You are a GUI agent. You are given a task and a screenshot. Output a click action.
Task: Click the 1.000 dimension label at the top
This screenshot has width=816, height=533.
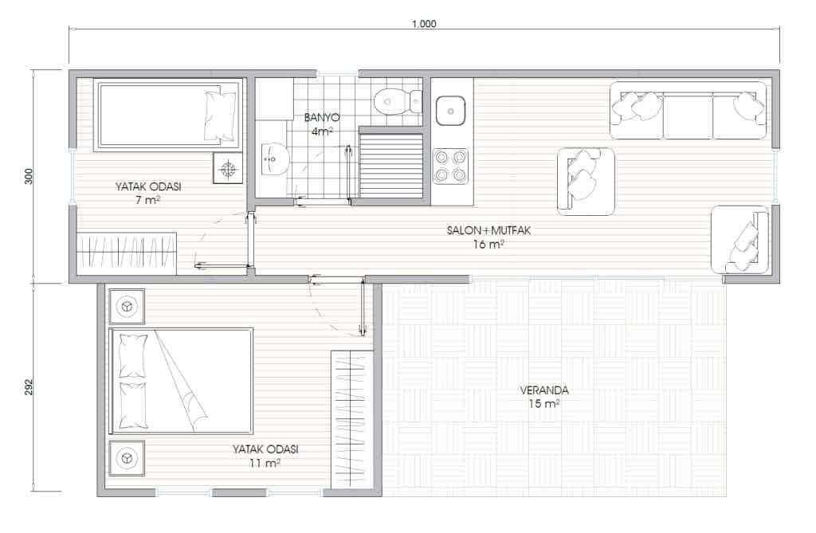click(424, 24)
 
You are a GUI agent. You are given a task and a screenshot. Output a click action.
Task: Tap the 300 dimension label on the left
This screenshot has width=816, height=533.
click(29, 176)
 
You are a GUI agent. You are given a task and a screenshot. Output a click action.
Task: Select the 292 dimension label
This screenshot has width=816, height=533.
click(29, 386)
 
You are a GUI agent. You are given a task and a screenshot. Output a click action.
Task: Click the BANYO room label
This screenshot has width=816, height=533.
click(322, 118)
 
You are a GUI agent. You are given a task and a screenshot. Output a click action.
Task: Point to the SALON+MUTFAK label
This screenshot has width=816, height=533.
click(488, 230)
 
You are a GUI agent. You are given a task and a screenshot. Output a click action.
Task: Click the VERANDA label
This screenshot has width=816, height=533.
click(543, 390)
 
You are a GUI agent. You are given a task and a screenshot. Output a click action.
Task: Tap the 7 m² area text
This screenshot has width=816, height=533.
click(147, 199)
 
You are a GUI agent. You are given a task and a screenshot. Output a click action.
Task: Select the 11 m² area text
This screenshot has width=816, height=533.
click(265, 463)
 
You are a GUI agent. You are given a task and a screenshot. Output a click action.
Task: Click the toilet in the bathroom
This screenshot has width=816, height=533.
click(398, 100)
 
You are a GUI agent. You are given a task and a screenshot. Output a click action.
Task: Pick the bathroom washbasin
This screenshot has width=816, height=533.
click(273, 159)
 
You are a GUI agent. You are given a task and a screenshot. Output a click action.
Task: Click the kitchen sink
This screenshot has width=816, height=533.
click(451, 111)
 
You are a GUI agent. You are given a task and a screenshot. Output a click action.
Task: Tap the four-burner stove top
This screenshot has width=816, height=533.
click(451, 166)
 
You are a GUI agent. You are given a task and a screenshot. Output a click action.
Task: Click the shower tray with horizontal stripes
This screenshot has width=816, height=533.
click(391, 166)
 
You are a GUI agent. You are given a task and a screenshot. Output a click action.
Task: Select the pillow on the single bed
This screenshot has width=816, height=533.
click(221, 116)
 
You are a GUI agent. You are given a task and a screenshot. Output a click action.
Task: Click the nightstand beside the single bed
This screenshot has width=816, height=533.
click(228, 168)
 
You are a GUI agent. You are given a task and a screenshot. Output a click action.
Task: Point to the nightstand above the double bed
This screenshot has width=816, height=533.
click(127, 307)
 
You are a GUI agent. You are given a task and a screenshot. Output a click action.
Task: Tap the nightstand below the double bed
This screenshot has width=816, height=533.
click(127, 458)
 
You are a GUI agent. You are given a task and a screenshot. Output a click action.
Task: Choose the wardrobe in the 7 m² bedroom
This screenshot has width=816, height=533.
click(127, 253)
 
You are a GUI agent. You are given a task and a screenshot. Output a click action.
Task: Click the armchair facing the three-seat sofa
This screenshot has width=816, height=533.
click(586, 182)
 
